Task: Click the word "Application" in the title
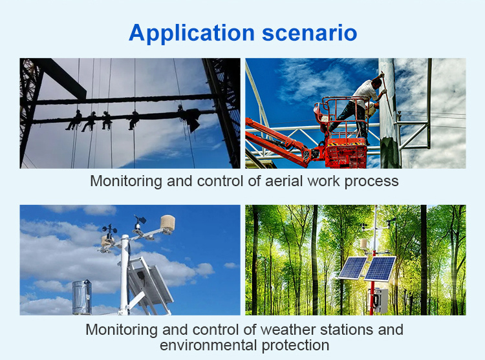[191, 34]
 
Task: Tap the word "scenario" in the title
[310, 34]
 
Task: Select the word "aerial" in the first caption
[284, 181]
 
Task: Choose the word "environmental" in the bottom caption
[209, 345]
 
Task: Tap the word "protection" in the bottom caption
[296, 346]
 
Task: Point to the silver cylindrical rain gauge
[82, 297]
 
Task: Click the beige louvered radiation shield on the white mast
[167, 223]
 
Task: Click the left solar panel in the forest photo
[352, 268]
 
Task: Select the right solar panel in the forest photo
[380, 268]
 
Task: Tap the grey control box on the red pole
[380, 300]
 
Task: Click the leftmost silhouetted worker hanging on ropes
[74, 120]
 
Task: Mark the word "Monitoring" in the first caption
[126, 182]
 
